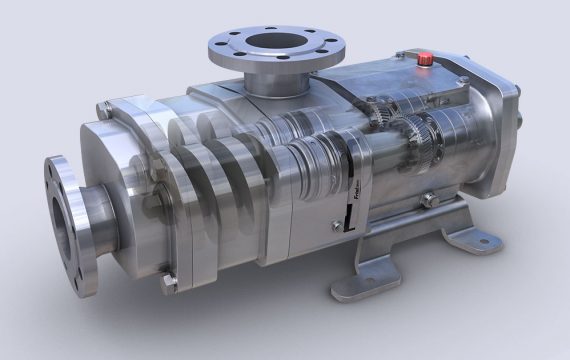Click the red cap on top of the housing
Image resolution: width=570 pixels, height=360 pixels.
click(424, 59)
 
